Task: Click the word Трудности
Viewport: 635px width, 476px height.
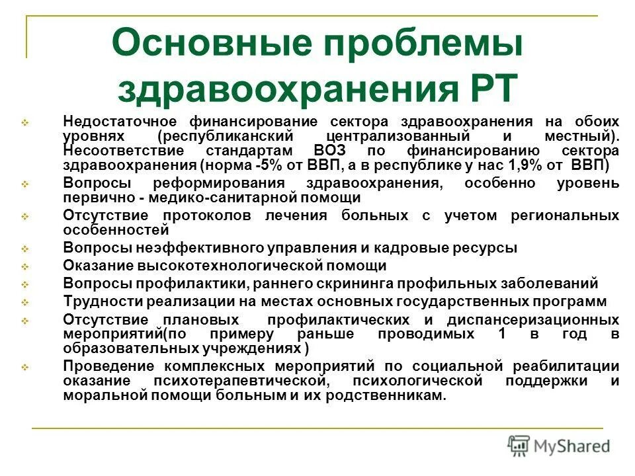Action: click(97, 301)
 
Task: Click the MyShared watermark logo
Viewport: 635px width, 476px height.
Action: click(559, 446)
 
